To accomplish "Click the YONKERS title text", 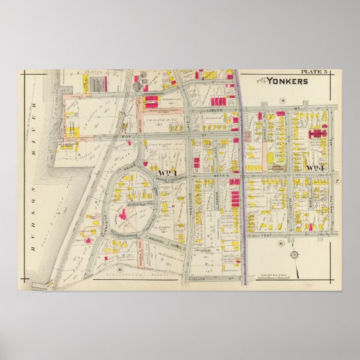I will [287, 80].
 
